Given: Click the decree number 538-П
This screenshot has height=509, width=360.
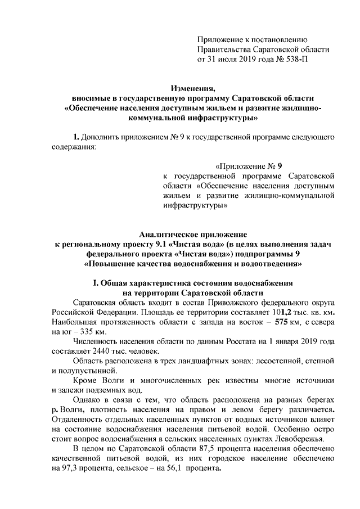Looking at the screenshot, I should point(293,58).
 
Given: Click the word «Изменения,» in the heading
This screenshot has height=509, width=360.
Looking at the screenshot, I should point(193,88).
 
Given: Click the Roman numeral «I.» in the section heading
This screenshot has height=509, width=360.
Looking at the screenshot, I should point(96,283).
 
